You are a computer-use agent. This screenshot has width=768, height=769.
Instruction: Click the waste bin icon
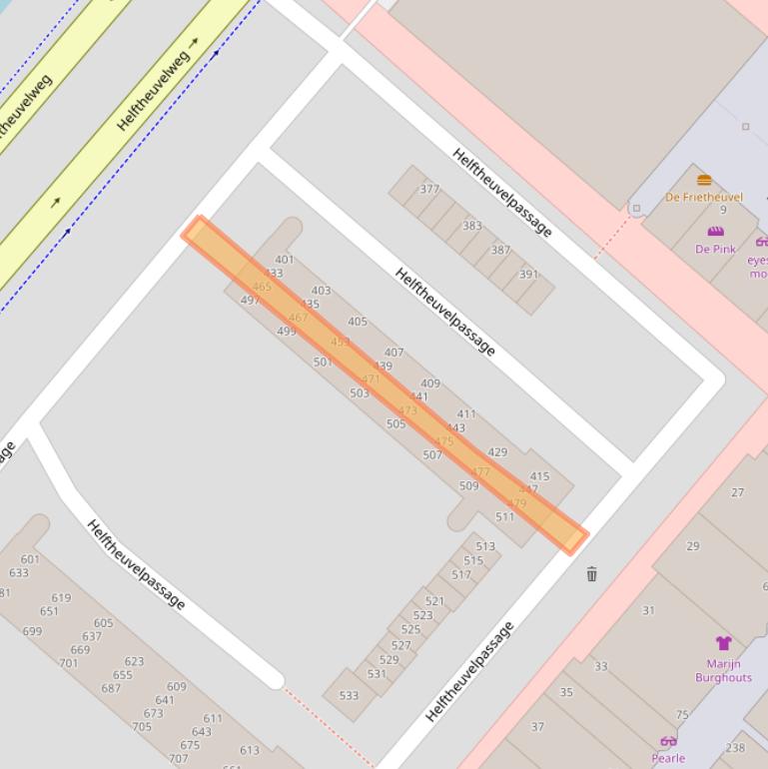(592, 573)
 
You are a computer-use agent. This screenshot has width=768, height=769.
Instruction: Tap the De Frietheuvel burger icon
(704, 181)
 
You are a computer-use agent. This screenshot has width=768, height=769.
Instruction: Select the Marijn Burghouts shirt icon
(723, 642)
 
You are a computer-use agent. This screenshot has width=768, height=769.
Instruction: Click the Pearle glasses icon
(668, 741)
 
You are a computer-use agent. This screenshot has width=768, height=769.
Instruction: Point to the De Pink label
(715, 249)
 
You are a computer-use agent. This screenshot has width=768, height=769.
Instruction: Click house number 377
(429, 189)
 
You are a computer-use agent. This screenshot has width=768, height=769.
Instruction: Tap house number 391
(528, 275)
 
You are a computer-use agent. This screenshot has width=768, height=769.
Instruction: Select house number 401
(285, 260)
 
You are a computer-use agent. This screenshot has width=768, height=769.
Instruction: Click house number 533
(349, 695)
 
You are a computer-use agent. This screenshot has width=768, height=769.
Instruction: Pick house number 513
(485, 546)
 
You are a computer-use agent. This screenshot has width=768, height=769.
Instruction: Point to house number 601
(30, 559)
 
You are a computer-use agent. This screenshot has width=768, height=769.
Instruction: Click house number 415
(539, 476)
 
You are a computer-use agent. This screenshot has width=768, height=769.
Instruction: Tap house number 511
(504, 516)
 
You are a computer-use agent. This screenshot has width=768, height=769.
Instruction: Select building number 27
(737, 491)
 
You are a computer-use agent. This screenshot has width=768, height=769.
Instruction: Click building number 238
(735, 747)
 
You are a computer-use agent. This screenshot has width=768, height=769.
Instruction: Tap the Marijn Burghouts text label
(723, 670)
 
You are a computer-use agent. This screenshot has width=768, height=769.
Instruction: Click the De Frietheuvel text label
(704, 197)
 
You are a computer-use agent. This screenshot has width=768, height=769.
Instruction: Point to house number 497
(250, 300)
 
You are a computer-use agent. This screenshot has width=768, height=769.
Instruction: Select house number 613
(249, 750)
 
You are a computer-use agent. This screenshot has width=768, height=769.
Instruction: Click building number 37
(537, 726)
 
